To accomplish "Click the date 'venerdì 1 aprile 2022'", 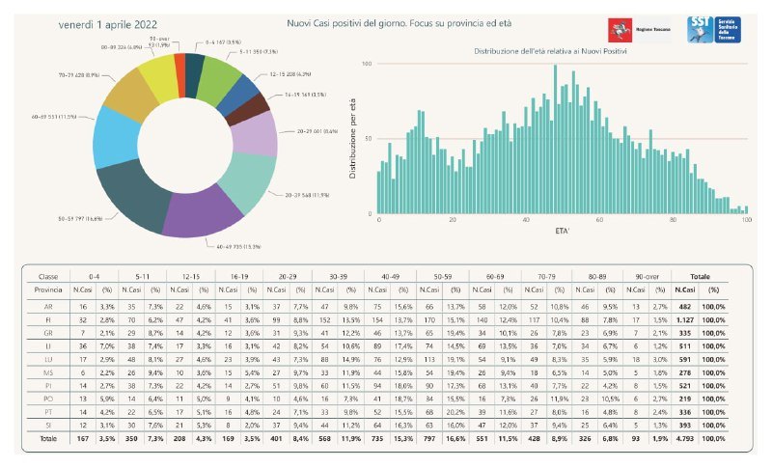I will point(109,23).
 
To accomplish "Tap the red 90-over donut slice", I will point(179,69).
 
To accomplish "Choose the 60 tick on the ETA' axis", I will point(599,221).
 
